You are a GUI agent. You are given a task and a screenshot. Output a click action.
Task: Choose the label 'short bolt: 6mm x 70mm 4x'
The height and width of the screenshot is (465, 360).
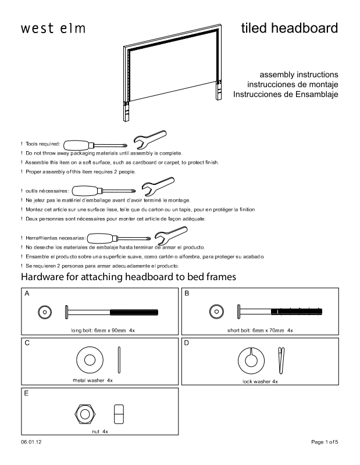(260, 330)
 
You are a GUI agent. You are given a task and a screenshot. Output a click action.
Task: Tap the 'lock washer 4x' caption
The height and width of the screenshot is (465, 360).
(260, 381)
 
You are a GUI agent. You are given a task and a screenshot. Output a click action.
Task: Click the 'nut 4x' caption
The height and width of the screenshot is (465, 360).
(100, 432)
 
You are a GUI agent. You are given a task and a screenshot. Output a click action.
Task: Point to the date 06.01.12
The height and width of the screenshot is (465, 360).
(31, 443)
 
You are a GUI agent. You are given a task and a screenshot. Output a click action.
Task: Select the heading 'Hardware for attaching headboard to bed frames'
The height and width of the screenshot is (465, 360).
(128, 277)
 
